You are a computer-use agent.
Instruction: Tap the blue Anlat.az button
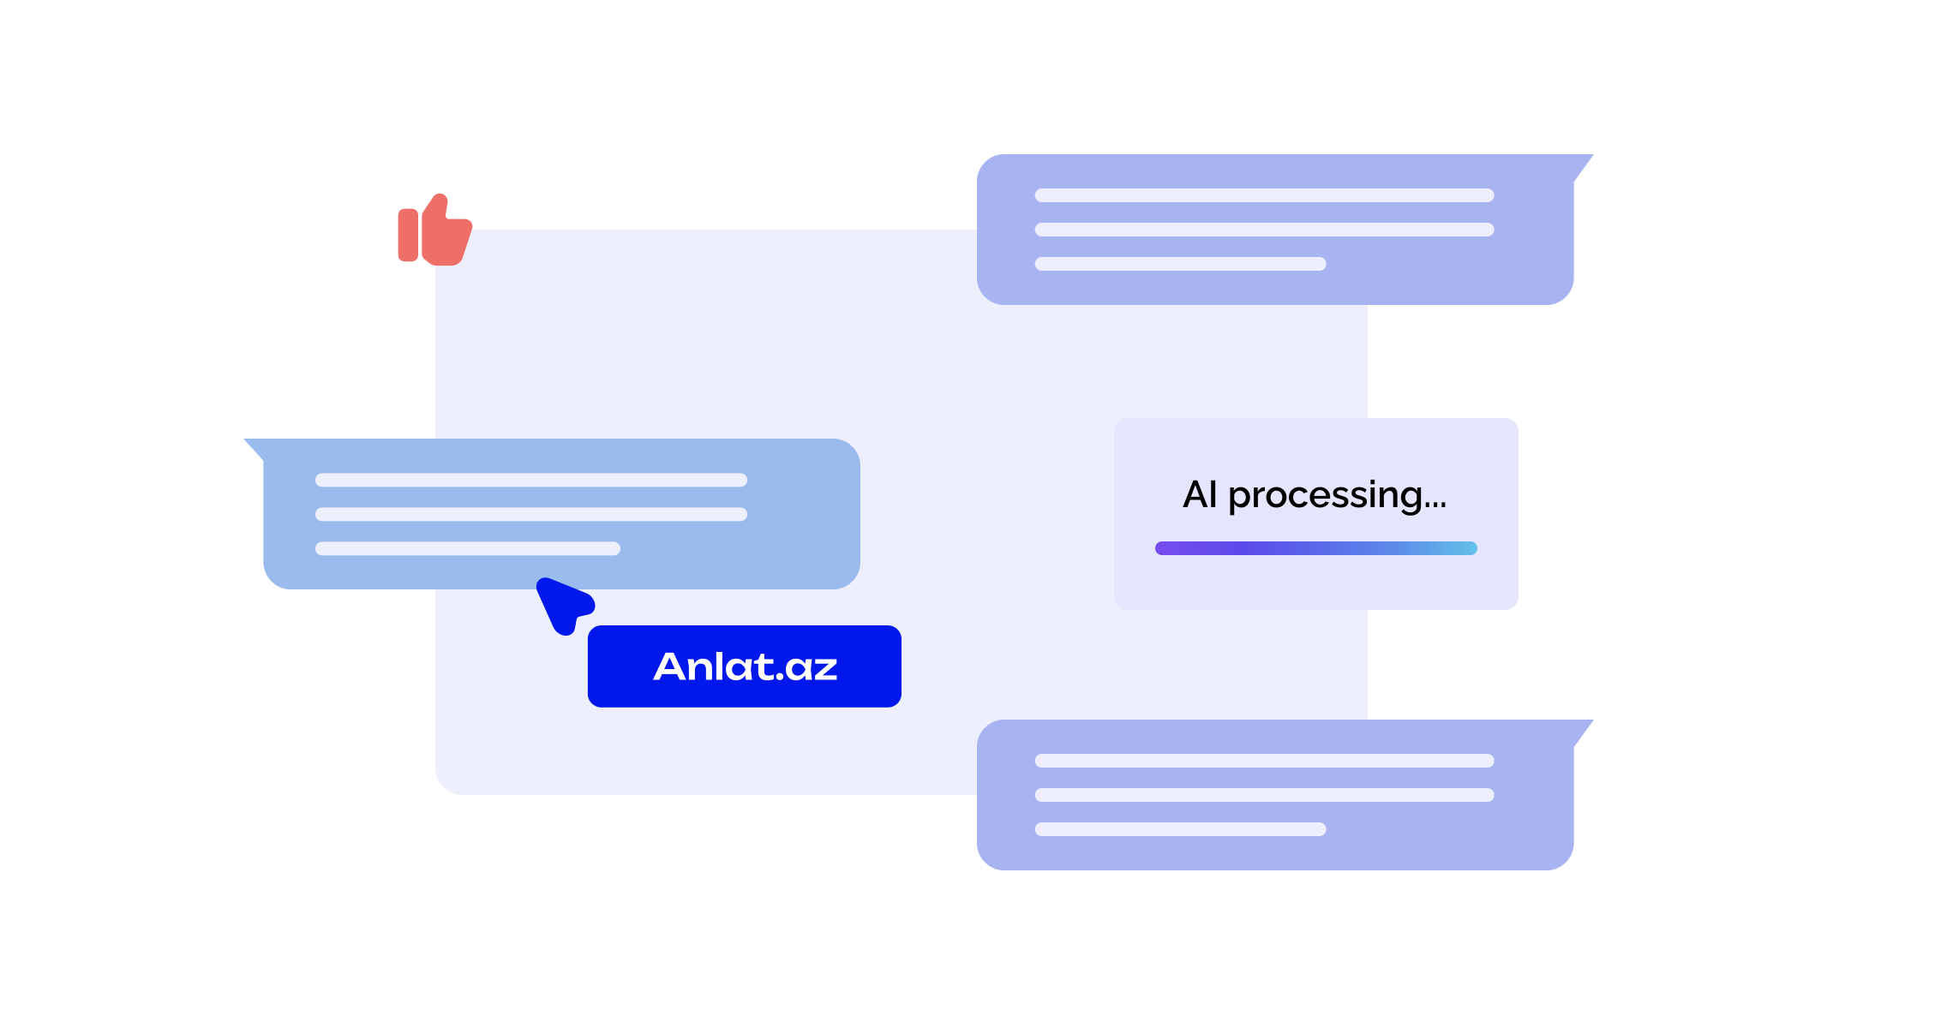[744, 666]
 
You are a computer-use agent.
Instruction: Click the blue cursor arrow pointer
[561, 603]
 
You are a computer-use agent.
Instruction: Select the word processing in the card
[1325, 496]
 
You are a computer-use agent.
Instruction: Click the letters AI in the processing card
[1200, 495]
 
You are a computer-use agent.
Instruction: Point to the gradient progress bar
[1315, 548]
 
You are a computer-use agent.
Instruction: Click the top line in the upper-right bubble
[1264, 195]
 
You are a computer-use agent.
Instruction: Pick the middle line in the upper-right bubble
[1264, 230]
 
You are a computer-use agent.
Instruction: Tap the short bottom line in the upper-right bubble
[1180, 264]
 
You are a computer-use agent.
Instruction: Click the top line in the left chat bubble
[530, 480]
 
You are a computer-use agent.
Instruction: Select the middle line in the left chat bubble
[530, 514]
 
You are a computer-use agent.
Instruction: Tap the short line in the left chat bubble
[467, 548]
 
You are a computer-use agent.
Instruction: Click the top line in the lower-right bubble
[1264, 761]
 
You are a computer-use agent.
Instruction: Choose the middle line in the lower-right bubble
[1264, 795]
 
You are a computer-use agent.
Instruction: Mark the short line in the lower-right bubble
[1180, 829]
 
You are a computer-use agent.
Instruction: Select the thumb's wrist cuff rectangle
[408, 235]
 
